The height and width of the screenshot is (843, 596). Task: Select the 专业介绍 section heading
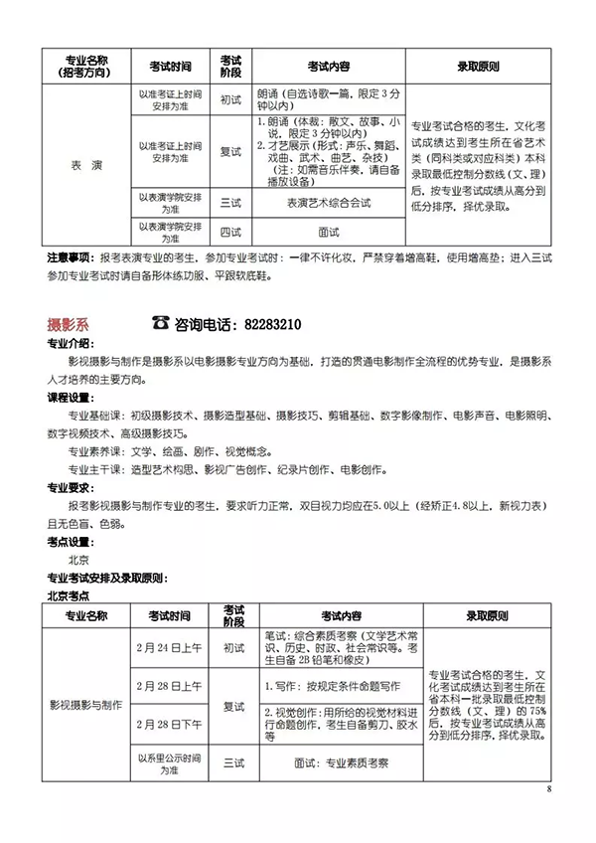[x=70, y=345]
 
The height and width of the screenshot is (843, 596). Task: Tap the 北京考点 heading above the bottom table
[x=70, y=594]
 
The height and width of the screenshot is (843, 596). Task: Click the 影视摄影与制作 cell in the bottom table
[x=86, y=704]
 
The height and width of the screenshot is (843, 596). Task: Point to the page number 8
[x=547, y=790]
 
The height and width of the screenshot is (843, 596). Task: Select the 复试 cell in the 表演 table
[x=230, y=151]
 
